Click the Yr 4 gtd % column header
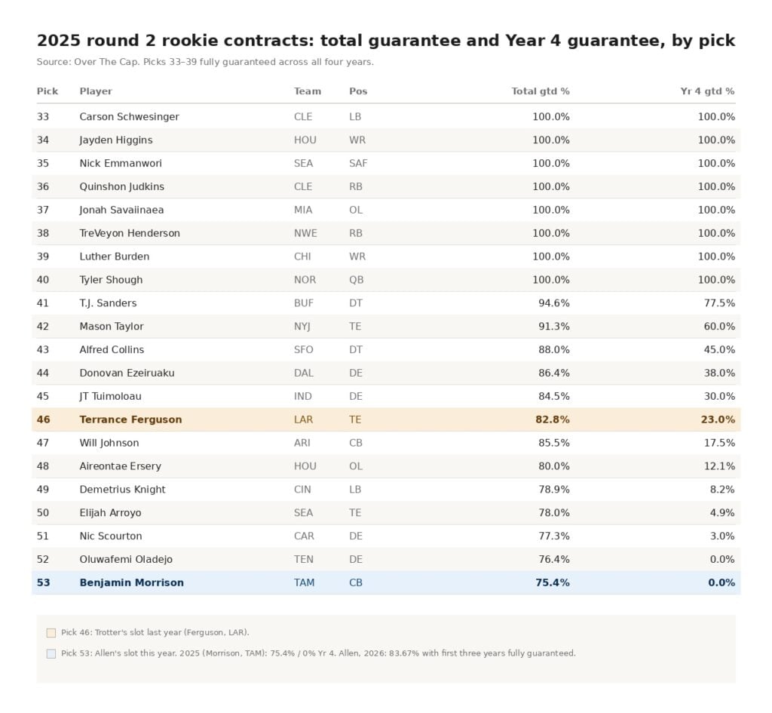(707, 91)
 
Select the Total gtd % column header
(540, 91)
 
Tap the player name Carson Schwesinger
(129, 117)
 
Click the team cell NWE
(305, 233)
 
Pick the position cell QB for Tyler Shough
(356, 280)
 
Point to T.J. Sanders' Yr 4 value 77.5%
(719, 303)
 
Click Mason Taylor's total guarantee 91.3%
(554, 326)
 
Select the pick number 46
(43, 420)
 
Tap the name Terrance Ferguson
(130, 420)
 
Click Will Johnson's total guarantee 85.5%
(554, 443)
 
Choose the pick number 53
(43, 582)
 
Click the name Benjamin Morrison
(131, 583)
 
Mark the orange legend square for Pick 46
(51, 633)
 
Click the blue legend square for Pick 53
(51, 654)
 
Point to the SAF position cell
(358, 163)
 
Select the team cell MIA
(303, 210)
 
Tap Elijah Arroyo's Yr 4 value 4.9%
(722, 513)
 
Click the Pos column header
(358, 91)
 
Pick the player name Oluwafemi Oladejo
(126, 560)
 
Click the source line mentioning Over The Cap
(205, 62)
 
